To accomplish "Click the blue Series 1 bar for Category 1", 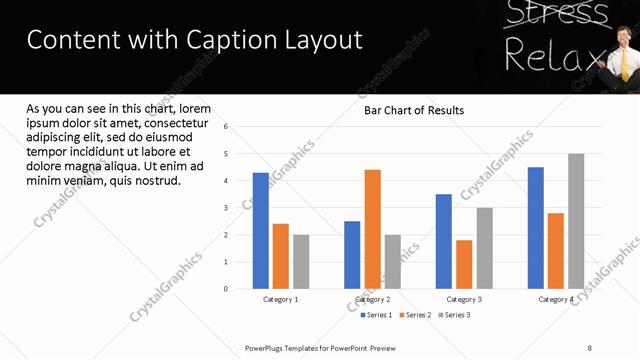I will pyautogui.click(x=261, y=231).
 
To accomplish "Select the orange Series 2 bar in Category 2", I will pyautogui.click(x=372, y=229).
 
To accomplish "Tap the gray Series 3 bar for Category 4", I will pyautogui.click(x=576, y=221).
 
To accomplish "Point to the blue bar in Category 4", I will pyautogui.click(x=536, y=228).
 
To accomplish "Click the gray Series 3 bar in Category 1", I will pyautogui.click(x=301, y=262).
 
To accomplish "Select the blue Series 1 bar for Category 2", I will pyautogui.click(x=352, y=255).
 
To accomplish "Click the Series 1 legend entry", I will pyautogui.click(x=376, y=315).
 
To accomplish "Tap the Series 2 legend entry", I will pyautogui.click(x=415, y=315).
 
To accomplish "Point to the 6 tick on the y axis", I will pyautogui.click(x=226, y=127).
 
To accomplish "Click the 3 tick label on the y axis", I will pyautogui.click(x=226, y=208).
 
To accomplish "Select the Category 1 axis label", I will pyautogui.click(x=281, y=299).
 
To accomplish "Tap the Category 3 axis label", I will pyautogui.click(x=464, y=299).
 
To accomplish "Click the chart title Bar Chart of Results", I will pyautogui.click(x=414, y=110).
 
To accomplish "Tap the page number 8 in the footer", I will pyautogui.click(x=589, y=348).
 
